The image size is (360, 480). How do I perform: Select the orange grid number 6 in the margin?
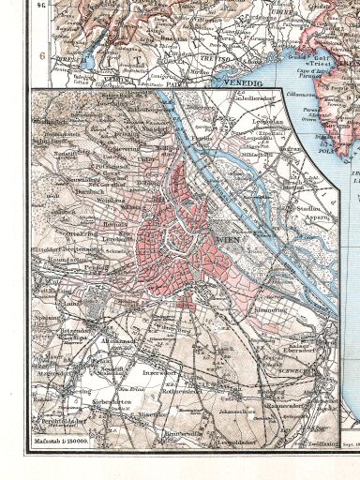point(41,55)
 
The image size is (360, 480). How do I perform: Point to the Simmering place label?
point(270,308)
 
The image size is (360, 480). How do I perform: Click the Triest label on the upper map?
point(328,56)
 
